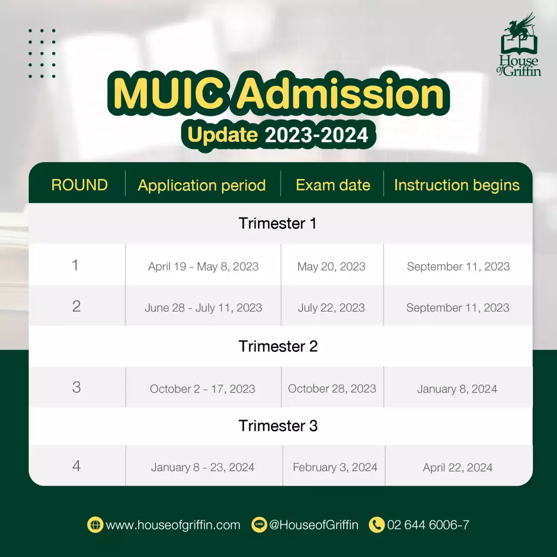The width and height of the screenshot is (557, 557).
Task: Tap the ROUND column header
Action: click(79, 185)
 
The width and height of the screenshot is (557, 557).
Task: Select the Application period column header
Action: click(202, 185)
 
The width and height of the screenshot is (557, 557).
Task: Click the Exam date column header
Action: click(333, 185)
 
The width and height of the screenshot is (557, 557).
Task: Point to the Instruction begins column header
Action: click(457, 185)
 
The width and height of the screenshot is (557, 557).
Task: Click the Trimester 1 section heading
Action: click(277, 224)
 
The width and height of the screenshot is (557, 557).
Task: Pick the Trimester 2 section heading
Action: click(278, 346)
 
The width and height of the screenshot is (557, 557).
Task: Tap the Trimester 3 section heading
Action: click(278, 426)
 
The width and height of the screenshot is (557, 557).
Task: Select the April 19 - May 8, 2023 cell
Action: click(203, 267)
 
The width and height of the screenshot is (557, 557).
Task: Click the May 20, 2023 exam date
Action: click(331, 267)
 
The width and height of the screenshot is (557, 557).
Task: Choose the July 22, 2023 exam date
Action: click(331, 308)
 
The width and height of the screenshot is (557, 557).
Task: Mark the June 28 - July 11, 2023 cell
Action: click(203, 308)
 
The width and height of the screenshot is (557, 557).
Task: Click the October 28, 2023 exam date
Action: click(332, 388)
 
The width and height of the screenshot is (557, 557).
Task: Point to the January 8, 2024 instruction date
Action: click(457, 389)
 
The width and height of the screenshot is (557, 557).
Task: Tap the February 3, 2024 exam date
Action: click(335, 467)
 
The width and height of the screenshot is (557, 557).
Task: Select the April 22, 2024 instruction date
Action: click(457, 467)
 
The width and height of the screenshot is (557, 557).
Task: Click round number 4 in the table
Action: click(76, 466)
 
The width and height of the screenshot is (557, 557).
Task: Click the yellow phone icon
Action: click(377, 525)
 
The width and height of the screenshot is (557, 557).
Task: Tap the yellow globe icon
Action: click(95, 525)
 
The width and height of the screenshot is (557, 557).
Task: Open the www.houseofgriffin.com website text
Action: click(173, 525)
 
